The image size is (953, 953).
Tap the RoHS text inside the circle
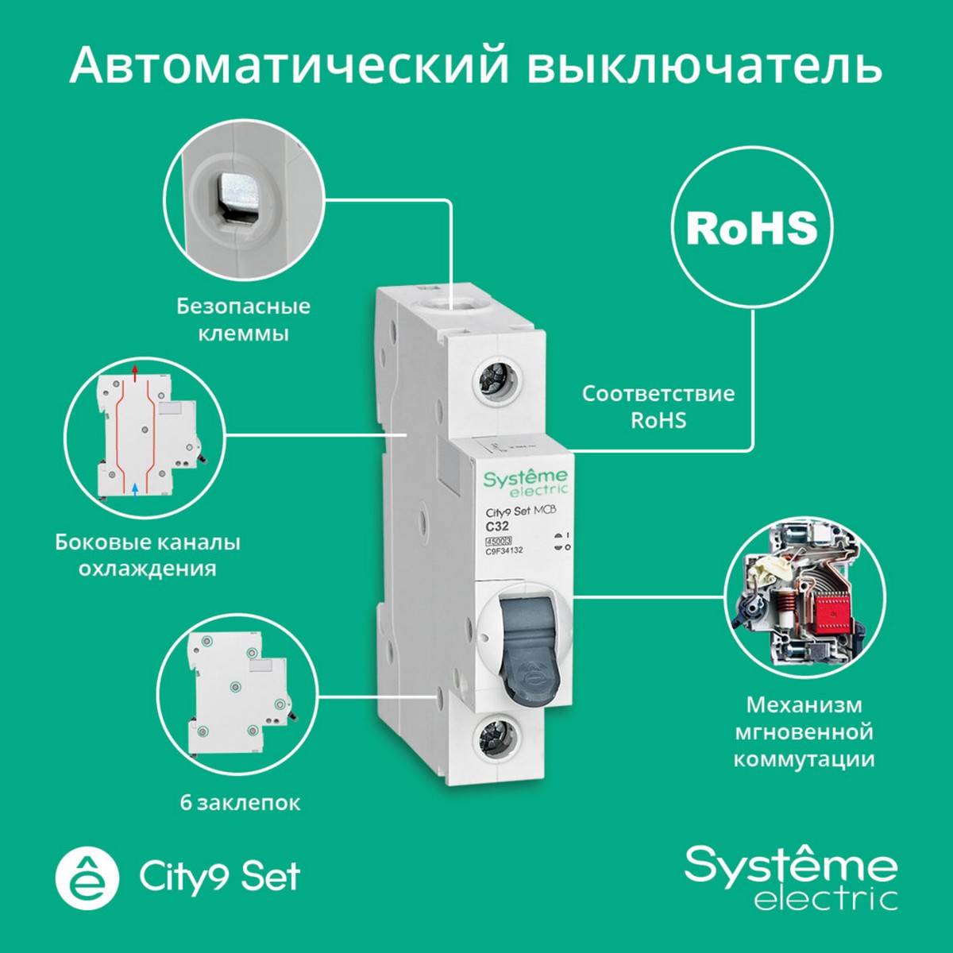click(751, 228)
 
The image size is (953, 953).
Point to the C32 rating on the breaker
click(498, 526)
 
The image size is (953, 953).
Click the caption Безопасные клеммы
click(243, 319)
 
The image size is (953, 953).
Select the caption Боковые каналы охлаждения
click(148, 555)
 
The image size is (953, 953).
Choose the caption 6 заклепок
click(240, 802)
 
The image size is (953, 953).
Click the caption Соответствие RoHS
click(658, 407)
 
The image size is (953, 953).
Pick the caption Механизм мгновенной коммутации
click(804, 731)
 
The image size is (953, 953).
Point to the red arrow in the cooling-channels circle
click(135, 370)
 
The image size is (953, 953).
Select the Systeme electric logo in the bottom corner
click(791, 877)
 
